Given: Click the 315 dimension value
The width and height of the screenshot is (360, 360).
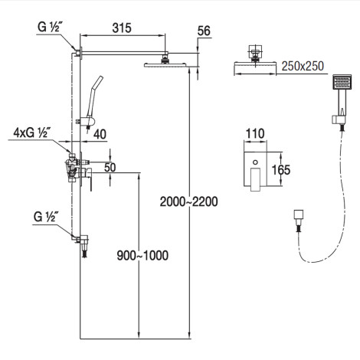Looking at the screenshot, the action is (x=122, y=28).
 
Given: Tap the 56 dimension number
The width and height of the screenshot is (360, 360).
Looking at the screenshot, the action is (x=204, y=31).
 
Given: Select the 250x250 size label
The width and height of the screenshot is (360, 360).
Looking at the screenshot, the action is (x=303, y=66).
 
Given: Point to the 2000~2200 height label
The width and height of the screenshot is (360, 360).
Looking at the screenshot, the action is (x=189, y=201).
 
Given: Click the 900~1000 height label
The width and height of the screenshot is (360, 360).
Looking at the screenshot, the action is (x=142, y=255).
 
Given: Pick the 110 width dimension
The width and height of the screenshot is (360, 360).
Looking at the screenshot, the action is (x=255, y=133).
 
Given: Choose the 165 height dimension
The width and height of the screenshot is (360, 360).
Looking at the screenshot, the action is (x=281, y=170).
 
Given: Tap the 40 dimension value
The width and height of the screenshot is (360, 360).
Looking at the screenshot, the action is (x=100, y=134).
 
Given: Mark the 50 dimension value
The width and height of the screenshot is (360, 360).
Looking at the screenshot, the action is (x=110, y=168).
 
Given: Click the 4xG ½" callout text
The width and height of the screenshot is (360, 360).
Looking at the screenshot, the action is (x=31, y=133).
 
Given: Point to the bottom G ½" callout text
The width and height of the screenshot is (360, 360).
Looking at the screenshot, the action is (x=44, y=217).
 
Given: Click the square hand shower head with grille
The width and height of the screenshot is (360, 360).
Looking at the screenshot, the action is (x=342, y=82).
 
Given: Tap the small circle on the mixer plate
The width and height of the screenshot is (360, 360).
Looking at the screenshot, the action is (x=255, y=162).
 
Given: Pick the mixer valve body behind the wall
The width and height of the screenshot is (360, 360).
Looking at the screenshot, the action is (x=71, y=167).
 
